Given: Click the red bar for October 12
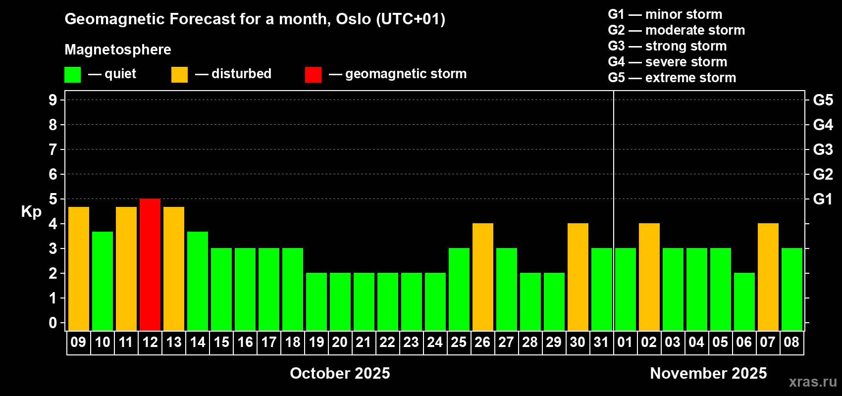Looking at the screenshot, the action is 150,264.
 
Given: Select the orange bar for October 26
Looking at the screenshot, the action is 482,277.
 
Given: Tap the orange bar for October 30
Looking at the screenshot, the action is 578,277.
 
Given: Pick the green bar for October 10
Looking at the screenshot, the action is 103,281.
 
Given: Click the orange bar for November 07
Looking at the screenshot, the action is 768,277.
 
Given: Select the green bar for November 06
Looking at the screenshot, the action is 744,301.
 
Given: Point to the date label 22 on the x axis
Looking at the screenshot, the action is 387,342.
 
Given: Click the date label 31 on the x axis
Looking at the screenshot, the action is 601,342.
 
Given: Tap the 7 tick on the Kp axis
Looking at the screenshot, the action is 53,149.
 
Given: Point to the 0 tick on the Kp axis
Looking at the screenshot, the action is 53,323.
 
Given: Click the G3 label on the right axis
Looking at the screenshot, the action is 823,149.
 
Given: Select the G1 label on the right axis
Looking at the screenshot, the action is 823,199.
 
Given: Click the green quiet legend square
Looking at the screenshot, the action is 72,74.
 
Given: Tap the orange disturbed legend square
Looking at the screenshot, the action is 179,74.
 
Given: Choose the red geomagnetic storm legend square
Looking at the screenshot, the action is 313,74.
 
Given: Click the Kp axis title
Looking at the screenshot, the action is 31,212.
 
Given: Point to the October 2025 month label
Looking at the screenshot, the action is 340,373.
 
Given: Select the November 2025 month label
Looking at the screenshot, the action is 708,373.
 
